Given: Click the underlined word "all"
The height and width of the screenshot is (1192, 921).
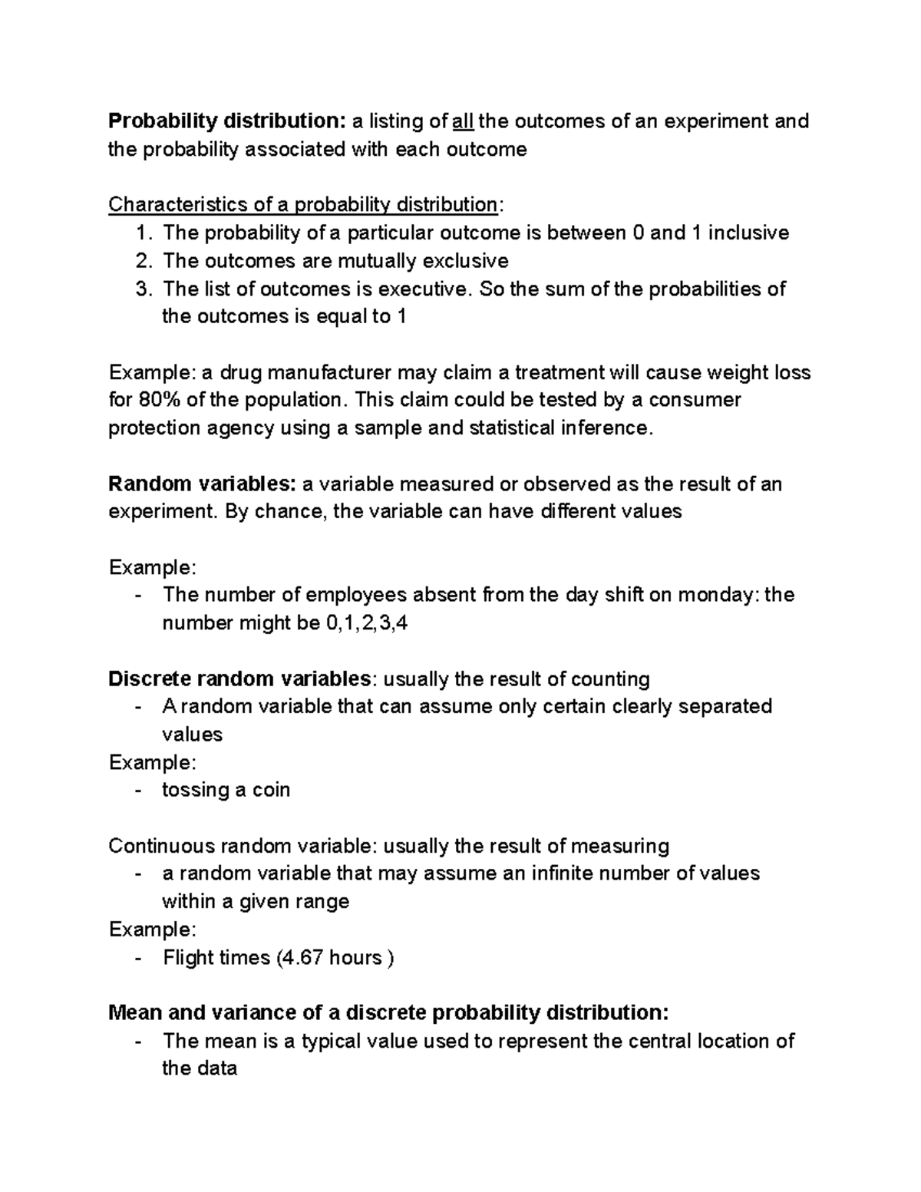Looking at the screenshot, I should tap(463, 121).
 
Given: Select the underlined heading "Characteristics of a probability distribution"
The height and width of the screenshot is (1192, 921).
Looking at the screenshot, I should tap(302, 205).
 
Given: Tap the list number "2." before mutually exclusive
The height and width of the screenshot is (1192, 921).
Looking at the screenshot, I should tap(145, 261).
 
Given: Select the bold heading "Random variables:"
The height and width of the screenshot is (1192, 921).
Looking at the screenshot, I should tap(202, 484).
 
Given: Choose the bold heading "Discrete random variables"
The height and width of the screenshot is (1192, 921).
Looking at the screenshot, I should tap(239, 679).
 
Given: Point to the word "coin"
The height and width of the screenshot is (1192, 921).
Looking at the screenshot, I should tap(271, 790).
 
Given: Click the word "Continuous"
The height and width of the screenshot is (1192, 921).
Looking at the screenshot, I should tap(161, 846).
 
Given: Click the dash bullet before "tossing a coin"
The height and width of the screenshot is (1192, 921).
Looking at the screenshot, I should tap(138, 790).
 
